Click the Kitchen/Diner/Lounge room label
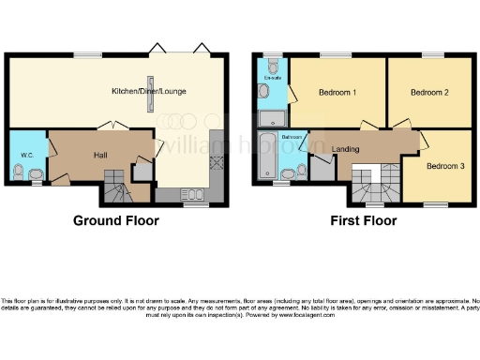pos(147,92)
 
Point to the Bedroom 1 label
pos(337,92)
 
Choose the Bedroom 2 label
pos(430,92)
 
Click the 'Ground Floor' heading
pos(116,221)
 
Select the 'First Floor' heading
pos(363,221)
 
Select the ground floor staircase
pos(117,187)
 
